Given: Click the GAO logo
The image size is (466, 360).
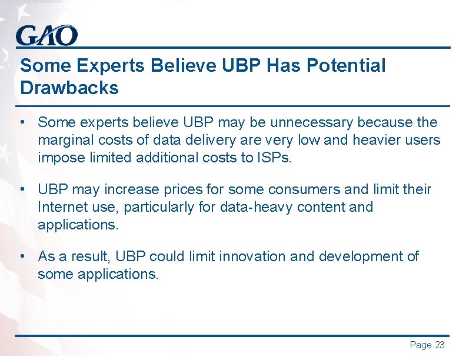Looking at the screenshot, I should tap(46, 36).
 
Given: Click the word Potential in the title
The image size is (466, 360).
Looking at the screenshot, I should tap(347, 66).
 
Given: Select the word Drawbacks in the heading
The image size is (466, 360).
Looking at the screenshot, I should tap(69, 88).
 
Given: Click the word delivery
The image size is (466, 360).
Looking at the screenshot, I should tap(190, 141).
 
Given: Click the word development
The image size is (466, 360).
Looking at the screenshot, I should tap(366, 256).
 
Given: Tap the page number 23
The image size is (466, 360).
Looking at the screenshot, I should tap(440, 345).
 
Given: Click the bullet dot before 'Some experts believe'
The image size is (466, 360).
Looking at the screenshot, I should tap(22, 122).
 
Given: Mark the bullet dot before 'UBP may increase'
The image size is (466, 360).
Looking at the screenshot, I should tap(22, 190).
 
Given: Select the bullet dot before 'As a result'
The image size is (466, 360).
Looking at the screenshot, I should tap(22, 256).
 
